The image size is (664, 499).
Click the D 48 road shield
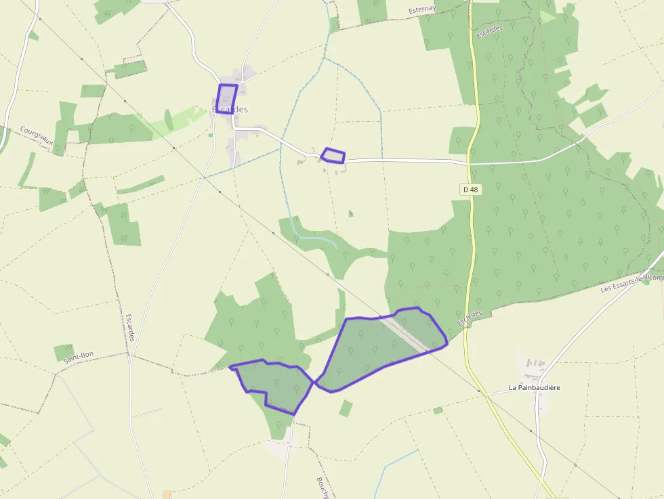click(x=471, y=190)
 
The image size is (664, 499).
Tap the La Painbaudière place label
click(x=535, y=388)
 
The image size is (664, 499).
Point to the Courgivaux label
click(x=37, y=139)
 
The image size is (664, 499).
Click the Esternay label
click(x=423, y=9)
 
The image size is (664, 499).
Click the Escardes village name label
click(x=230, y=109)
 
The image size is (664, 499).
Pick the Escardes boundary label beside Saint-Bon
click(x=131, y=327)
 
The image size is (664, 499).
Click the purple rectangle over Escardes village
click(x=227, y=97)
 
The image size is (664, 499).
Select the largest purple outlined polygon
click(x=376, y=349)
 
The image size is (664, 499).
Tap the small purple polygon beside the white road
click(x=333, y=156)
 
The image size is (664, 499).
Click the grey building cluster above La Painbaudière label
click(x=532, y=366)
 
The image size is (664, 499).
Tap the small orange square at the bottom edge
click(x=167, y=495)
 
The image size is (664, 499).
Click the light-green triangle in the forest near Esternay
click(x=547, y=17)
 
